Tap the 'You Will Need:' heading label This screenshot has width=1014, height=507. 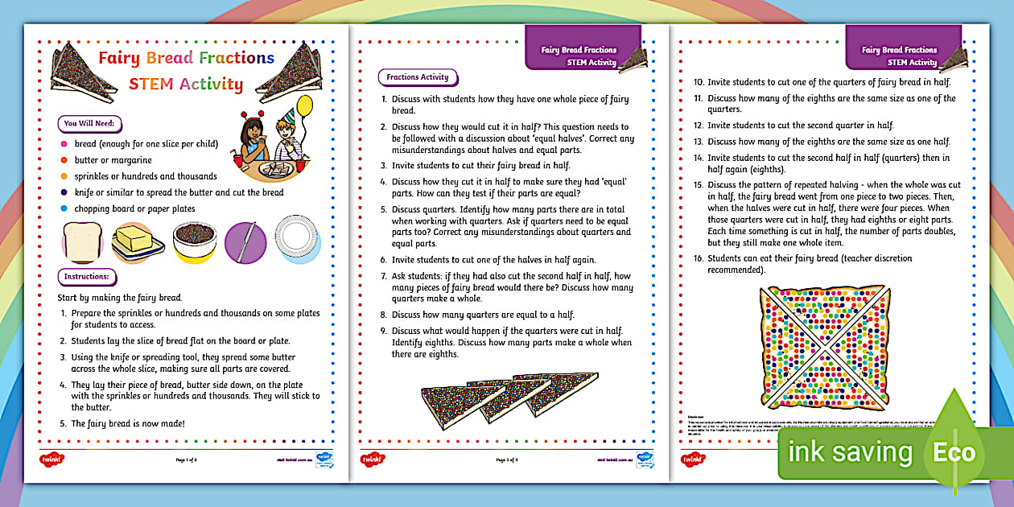(89, 124)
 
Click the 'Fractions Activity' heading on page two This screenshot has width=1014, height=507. (417, 77)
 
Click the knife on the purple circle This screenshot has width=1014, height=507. (245, 241)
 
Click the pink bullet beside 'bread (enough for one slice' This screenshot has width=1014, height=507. (64, 144)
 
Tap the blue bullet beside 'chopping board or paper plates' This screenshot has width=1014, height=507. (64, 208)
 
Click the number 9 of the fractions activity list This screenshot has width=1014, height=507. (384, 332)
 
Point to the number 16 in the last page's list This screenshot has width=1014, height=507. (698, 258)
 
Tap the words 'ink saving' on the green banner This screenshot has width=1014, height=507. (851, 452)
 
